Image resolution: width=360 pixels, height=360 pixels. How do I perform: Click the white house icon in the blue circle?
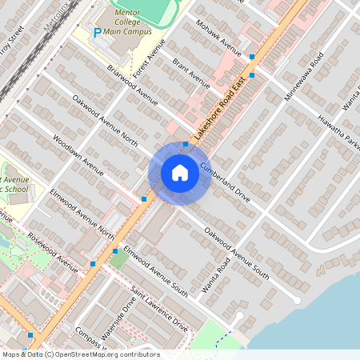point(180,172)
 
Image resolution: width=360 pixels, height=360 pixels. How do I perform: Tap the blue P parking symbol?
point(98,33)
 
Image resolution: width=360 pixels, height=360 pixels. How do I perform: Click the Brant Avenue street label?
point(190,73)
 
